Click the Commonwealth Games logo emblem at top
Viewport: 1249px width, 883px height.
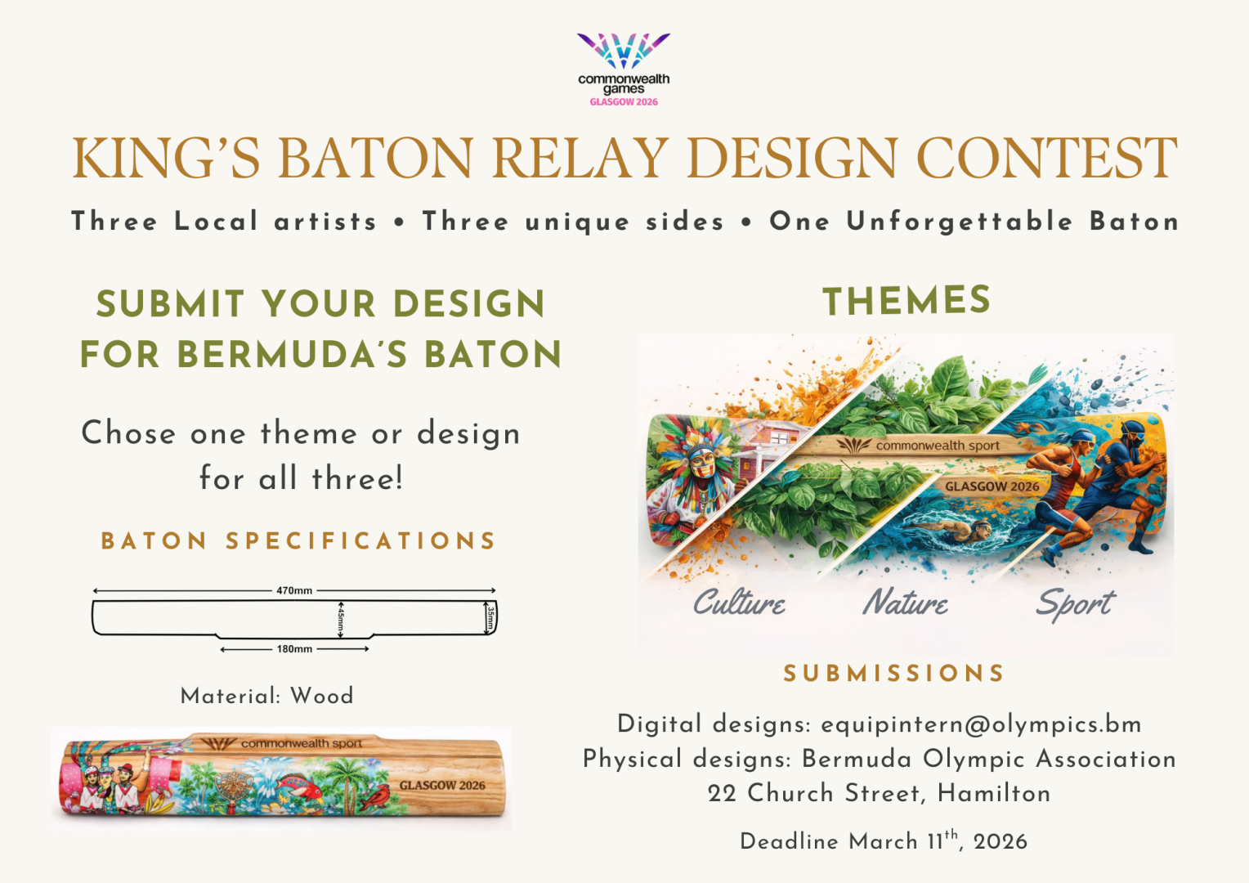624,51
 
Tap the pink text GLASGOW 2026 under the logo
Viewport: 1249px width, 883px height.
624,102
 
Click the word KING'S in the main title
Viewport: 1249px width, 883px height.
166,158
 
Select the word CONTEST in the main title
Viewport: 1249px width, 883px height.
1046,158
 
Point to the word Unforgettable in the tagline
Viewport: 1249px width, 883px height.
960,222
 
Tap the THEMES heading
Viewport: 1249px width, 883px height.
907,300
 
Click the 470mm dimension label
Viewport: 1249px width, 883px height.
294,590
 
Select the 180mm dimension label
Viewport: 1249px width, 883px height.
294,649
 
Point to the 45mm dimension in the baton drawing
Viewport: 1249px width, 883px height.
341,619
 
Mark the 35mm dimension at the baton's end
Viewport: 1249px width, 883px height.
490,617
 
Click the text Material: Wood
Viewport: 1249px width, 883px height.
267,696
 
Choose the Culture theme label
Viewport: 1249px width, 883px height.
739,603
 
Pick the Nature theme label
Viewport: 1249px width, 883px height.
906,603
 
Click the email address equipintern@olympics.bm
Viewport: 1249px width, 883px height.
982,724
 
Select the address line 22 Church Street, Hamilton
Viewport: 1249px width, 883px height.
880,793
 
